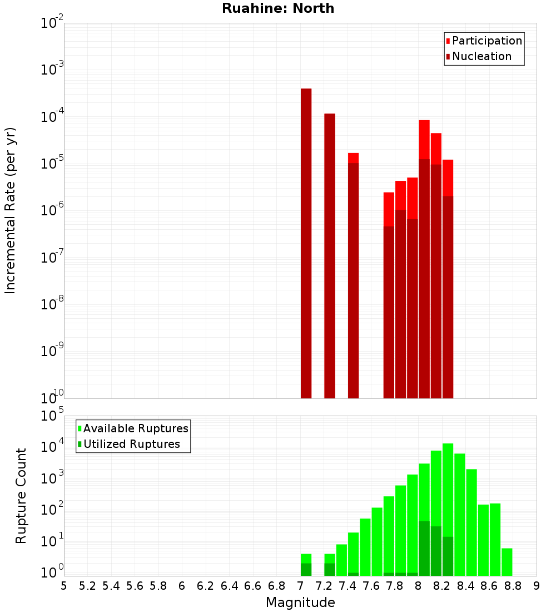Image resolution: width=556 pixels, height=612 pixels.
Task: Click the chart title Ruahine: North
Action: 278,8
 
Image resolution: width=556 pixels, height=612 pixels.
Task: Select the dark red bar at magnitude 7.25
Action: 330,256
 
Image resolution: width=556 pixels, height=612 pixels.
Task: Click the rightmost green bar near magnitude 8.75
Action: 507,562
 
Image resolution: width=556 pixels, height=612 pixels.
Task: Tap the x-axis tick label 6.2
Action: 206,586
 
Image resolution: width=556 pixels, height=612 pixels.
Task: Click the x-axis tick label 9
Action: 537,586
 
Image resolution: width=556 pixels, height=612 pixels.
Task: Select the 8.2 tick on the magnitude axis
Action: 442,586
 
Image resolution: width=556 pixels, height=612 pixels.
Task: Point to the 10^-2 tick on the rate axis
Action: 52,23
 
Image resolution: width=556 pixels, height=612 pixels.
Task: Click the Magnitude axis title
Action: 300,603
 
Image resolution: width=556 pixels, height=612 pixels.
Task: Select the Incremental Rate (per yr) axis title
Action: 11,210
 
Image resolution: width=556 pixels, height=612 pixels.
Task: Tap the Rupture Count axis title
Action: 21,496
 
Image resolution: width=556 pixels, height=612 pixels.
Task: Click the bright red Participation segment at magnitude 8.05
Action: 424,139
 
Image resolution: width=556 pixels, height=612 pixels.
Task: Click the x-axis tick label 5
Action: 64,586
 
